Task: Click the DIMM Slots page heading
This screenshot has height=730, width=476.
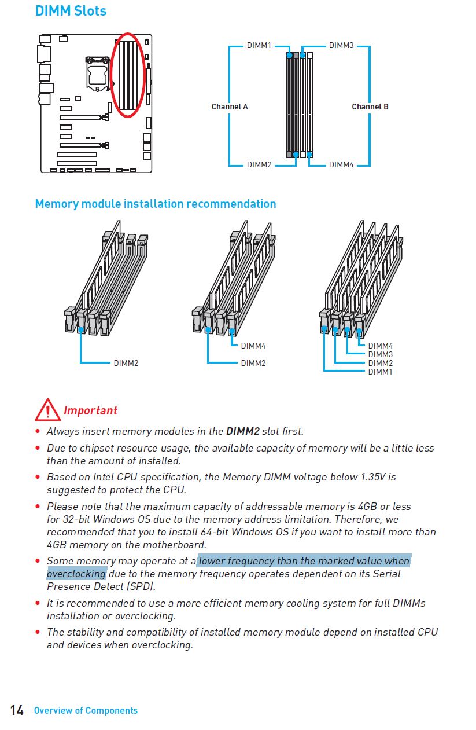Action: click(71, 10)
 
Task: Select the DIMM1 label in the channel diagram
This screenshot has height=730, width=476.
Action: click(259, 45)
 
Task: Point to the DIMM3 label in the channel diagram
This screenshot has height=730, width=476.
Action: click(341, 45)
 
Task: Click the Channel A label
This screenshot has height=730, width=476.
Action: click(230, 107)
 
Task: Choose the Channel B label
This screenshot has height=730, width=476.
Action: click(370, 107)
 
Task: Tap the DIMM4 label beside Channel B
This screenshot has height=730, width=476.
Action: click(341, 164)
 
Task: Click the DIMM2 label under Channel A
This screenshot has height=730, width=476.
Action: click(259, 164)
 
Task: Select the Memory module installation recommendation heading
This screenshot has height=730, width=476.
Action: click(156, 204)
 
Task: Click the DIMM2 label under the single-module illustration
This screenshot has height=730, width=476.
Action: click(126, 363)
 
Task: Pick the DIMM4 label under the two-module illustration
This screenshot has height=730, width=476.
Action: click(253, 346)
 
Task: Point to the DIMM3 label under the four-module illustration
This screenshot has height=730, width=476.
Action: click(380, 354)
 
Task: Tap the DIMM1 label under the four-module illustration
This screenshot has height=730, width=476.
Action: click(380, 372)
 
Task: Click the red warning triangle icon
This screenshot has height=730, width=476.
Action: click(47, 410)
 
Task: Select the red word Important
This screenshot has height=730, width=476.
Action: click(90, 410)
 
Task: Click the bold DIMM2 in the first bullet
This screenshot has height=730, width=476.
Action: click(242, 431)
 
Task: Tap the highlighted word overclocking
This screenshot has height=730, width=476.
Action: click(76, 574)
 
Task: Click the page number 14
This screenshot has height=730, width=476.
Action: click(17, 710)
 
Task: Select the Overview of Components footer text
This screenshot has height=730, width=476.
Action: click(86, 710)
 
